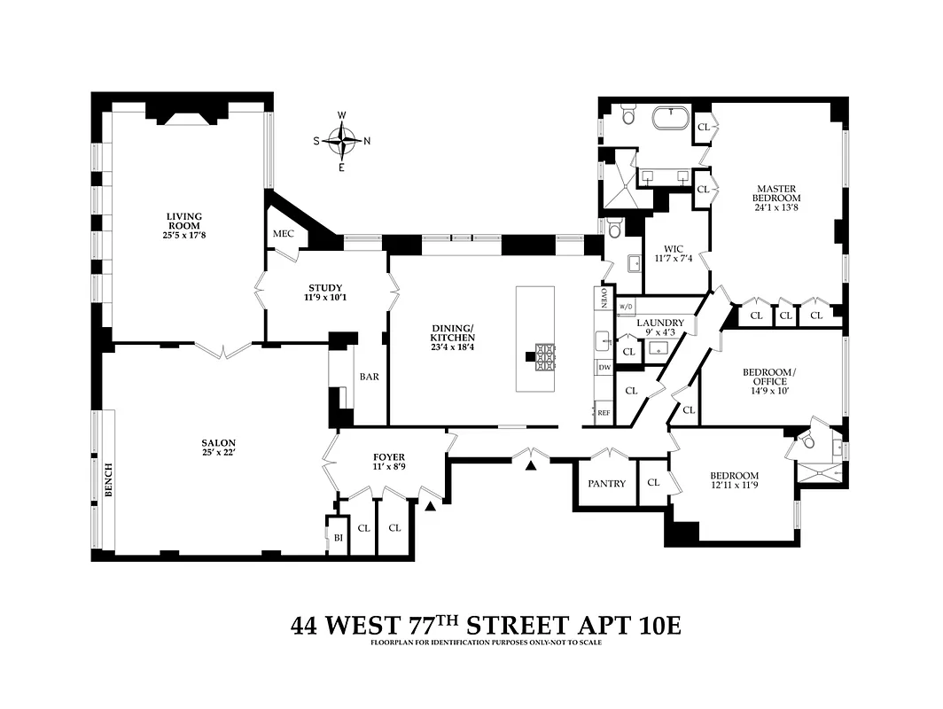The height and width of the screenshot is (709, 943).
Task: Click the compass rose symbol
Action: tap(342, 140)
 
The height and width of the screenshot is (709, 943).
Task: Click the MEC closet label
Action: tap(283, 233)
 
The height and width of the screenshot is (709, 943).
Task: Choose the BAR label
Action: tap(370, 377)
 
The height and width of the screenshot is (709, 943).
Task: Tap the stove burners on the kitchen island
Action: tap(544, 356)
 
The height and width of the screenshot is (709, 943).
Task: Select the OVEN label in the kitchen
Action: tap(604, 298)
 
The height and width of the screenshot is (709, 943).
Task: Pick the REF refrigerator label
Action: tap(604, 413)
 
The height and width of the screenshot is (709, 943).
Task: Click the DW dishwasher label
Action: tap(604, 367)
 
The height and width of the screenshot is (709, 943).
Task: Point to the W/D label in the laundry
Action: tap(626, 306)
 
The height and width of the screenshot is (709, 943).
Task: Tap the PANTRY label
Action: tap(607, 484)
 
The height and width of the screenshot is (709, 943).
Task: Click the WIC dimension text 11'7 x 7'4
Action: tap(673, 258)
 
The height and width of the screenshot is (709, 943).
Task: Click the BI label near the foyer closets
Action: tap(338, 537)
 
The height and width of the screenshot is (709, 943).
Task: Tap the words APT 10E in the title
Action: tap(621, 626)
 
